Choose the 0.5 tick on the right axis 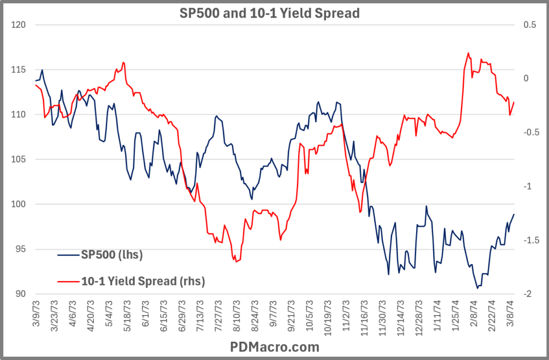point(528,25)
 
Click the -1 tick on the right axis point(527,186)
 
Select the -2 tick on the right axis point(527,294)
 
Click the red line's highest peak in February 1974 point(468,52)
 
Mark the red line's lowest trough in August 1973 point(235,261)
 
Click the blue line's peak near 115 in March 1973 point(42,70)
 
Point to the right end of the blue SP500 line point(514,214)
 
